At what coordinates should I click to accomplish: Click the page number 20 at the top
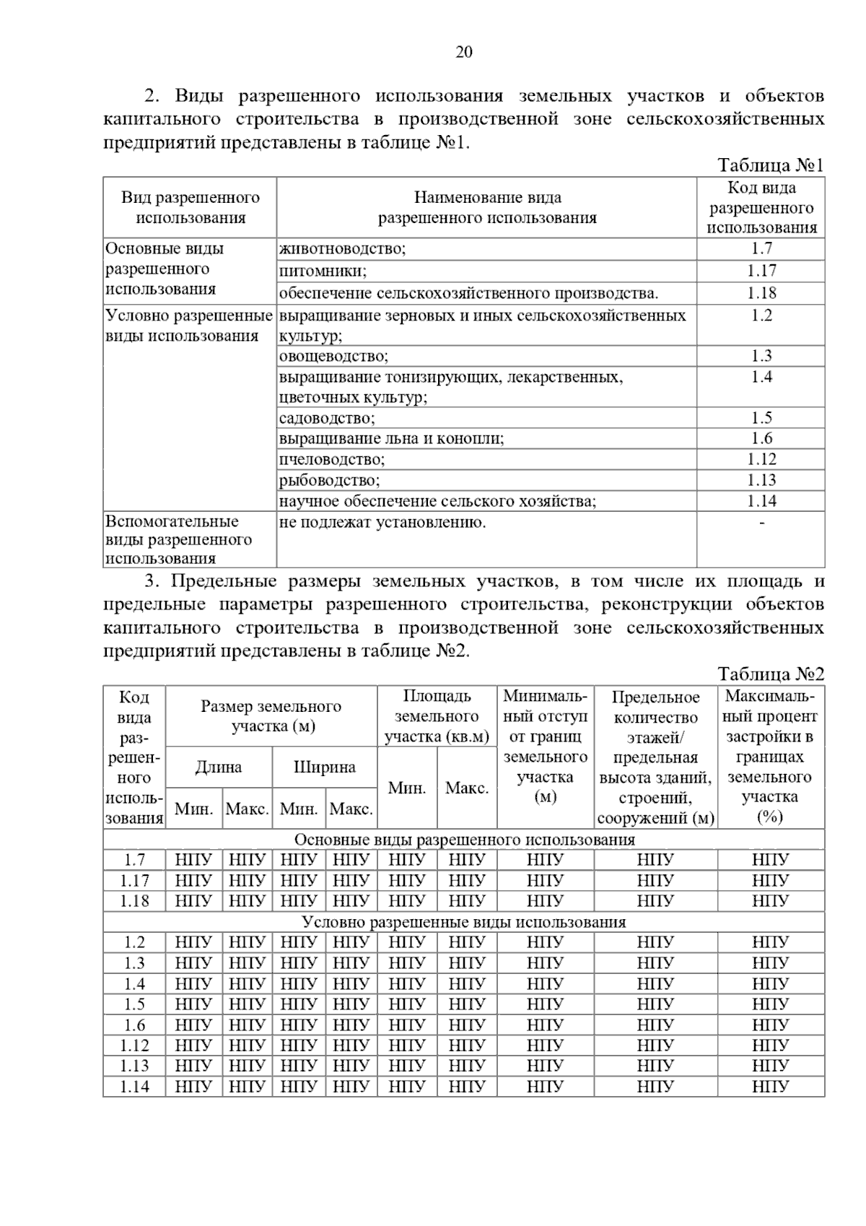464,52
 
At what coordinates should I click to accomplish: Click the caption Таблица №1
770,165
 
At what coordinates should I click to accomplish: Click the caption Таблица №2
770,674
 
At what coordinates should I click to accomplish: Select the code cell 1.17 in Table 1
761,271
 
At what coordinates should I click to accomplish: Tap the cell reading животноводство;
343,249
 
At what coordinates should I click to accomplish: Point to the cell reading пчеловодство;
332,459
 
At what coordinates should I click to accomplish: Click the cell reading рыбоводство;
329,480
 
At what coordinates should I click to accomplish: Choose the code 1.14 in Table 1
761,500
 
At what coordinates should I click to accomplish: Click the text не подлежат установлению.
382,522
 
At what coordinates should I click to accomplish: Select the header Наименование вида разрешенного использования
487,207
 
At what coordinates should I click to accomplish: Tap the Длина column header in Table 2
219,767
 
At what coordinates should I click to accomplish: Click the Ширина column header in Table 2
325,767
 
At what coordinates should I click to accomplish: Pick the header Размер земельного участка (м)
271,716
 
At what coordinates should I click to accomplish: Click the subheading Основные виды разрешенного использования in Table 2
464,839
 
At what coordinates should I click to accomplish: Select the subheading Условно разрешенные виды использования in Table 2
464,922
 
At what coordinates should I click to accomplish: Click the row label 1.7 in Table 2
134,860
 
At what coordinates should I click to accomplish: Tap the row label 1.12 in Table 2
134,1045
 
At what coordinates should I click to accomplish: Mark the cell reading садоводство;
328,418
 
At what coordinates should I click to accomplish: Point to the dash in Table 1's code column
761,522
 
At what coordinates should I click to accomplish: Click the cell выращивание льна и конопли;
391,438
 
